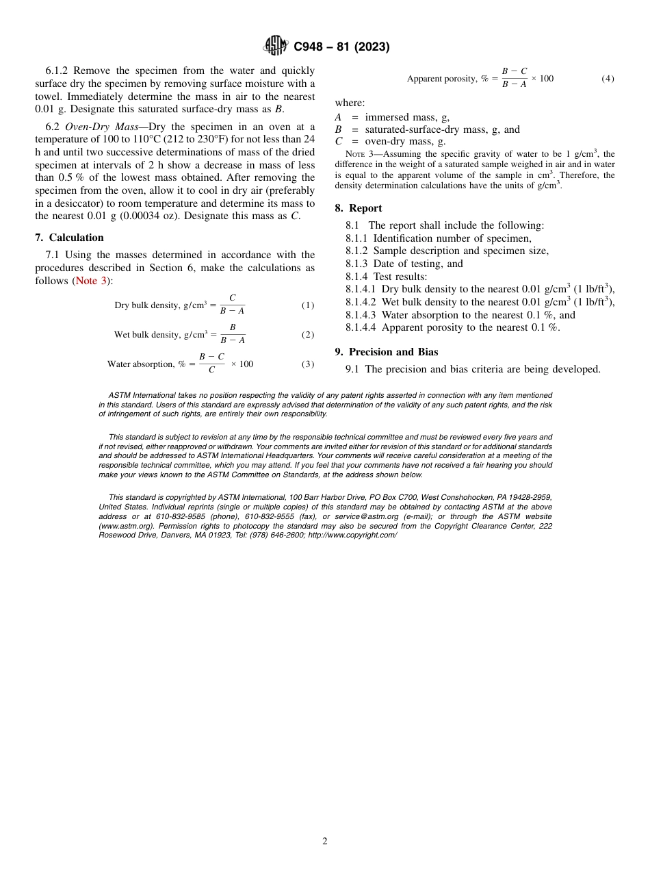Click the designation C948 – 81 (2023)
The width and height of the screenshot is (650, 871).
pyautogui.click(x=341, y=47)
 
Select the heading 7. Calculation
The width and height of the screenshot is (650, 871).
pyautogui.click(x=69, y=238)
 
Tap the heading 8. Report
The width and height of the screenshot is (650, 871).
pyautogui.click(x=359, y=208)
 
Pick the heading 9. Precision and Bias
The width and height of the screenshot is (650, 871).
pyautogui.click(x=387, y=352)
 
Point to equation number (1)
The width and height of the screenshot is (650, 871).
pyautogui.click(x=308, y=305)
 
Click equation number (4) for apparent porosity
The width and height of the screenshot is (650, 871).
pyautogui.click(x=608, y=79)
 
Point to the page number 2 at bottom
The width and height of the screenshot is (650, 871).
pyautogui.click(x=325, y=842)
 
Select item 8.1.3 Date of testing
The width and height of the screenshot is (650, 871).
pyautogui.click(x=404, y=264)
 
